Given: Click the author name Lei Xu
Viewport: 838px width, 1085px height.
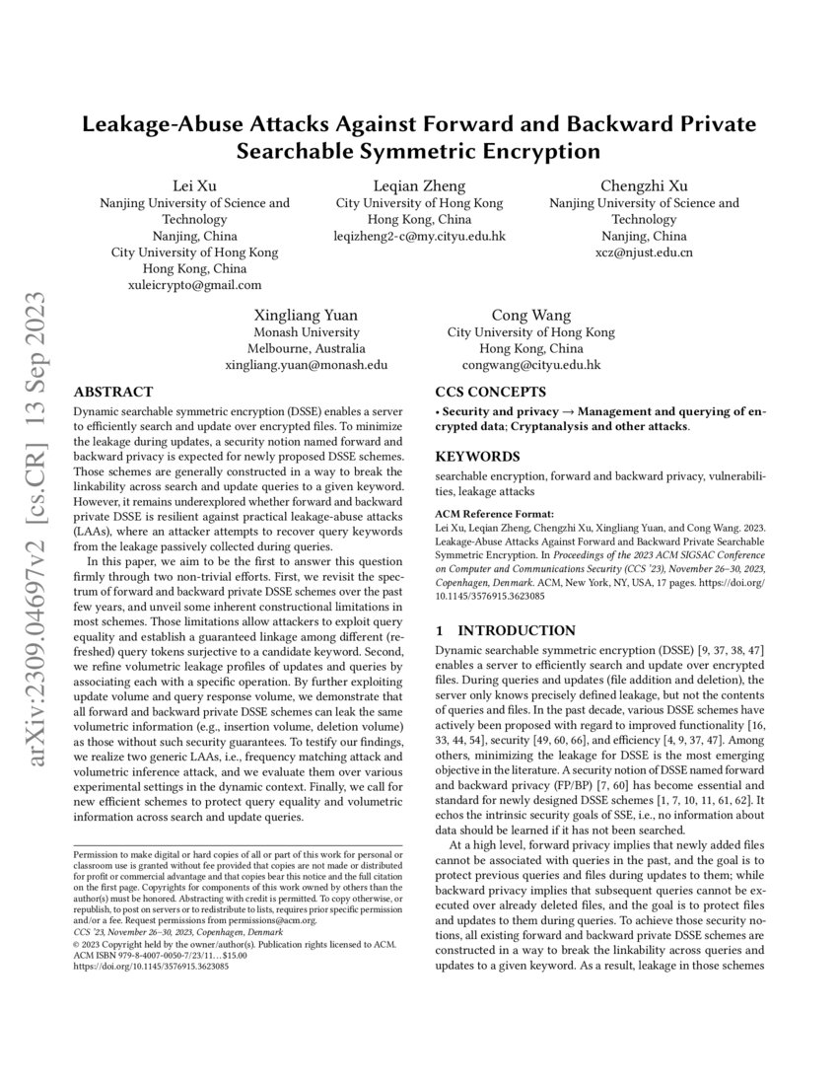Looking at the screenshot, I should coord(194,185).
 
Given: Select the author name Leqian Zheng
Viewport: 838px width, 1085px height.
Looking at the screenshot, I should coord(419,185).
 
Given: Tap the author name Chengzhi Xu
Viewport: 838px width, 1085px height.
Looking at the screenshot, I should coord(644,185).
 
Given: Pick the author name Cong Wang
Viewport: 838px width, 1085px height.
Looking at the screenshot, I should coord(530,316).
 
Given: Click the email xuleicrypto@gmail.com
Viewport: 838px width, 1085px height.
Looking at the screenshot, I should coord(194,285).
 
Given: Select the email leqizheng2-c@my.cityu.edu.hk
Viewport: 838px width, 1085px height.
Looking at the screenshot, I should coord(419,237).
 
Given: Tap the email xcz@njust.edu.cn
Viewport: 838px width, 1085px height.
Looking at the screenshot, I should coord(644,253).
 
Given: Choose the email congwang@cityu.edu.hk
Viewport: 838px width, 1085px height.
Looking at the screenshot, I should coord(530,365).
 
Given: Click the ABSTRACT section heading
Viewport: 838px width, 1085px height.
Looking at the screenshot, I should coord(113,392).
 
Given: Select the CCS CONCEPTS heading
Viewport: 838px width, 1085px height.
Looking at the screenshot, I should coord(492,392).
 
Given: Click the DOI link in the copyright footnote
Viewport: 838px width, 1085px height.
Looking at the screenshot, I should coord(151,968).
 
